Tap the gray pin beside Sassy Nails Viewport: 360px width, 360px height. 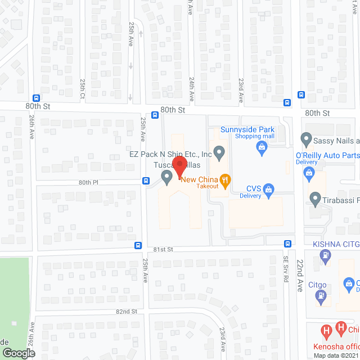pyautogui.click(x=307, y=138)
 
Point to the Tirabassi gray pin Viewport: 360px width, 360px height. pyautogui.click(x=315, y=199)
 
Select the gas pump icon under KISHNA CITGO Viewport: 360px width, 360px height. pyautogui.click(x=325, y=256)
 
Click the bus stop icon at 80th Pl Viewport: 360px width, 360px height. pyautogui.click(x=146, y=181)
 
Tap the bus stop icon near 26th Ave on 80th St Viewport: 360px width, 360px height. pyautogui.click(x=37, y=97)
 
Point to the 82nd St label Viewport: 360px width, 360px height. pyautogui.click(x=127, y=311)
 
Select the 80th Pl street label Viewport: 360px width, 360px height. pyautogui.click(x=89, y=182)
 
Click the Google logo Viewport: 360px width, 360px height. pyautogui.click(x=19, y=353)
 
